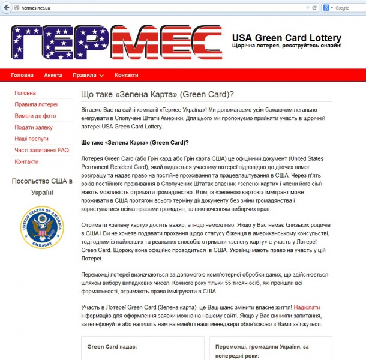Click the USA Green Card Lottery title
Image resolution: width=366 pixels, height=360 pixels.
287,38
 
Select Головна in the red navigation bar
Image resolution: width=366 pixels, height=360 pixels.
22,76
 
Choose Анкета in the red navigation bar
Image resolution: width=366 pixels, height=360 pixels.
53,76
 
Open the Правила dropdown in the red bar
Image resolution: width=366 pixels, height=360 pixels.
88,76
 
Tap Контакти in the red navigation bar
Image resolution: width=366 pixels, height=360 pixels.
127,76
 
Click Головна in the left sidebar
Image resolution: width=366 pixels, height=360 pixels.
25,93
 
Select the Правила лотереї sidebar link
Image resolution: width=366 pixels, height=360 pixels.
36,104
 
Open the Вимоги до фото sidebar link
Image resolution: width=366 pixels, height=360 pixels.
35,116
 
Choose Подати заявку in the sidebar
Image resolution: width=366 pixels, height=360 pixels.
34,127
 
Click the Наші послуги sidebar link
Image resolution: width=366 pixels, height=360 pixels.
32,139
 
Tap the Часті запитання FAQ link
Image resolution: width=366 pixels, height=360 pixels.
41,150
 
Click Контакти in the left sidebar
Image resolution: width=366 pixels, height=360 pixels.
26,161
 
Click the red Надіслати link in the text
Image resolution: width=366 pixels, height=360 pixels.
311,307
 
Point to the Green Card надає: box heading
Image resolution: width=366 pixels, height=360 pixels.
112,347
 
